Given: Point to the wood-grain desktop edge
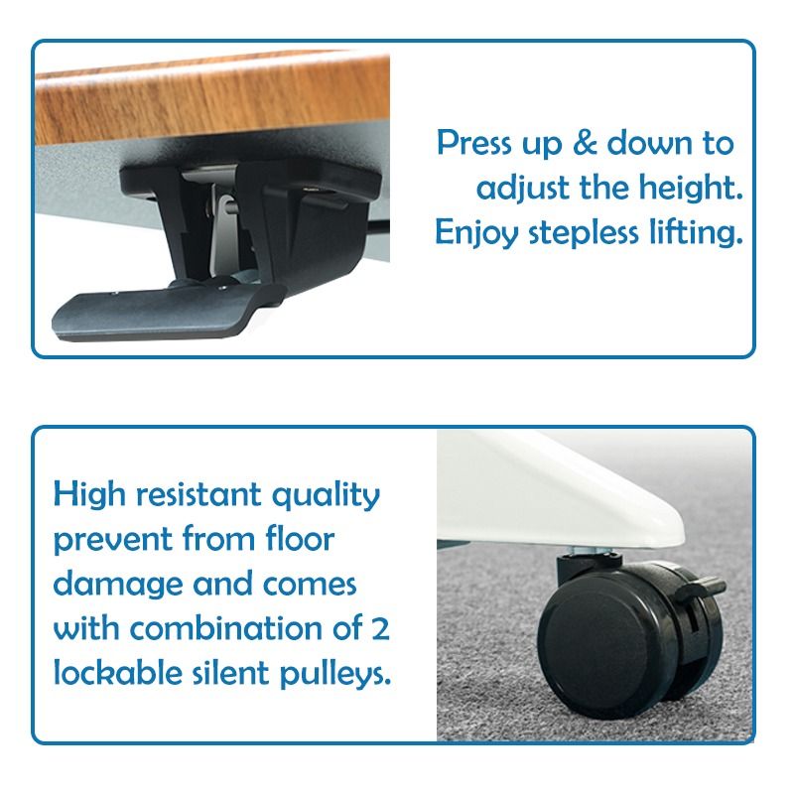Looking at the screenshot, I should [x=198, y=99].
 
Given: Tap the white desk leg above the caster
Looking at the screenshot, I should [x=595, y=496].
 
